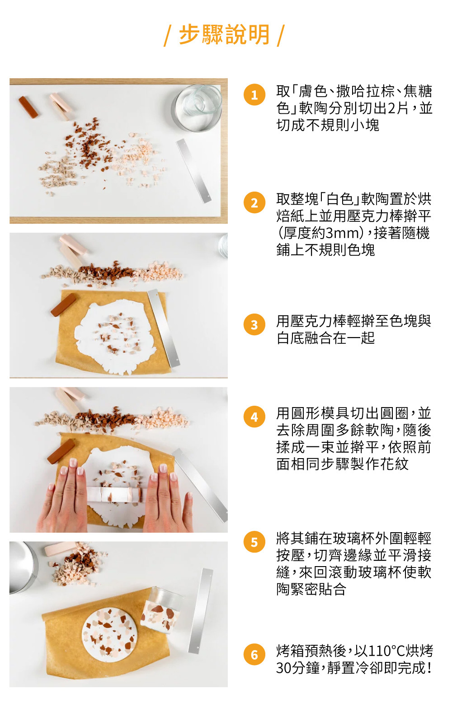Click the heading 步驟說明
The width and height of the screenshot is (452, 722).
pyautogui.click(x=224, y=34)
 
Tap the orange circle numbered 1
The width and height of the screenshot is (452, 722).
pyautogui.click(x=254, y=95)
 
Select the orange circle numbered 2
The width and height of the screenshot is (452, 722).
pyautogui.click(x=254, y=203)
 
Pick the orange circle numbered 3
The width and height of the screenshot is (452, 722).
pyautogui.click(x=254, y=324)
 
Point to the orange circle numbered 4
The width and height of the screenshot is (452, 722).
pyautogui.click(x=254, y=417)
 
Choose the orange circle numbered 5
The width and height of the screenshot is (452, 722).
pyautogui.click(x=254, y=542)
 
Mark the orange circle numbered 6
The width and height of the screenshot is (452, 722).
pyautogui.click(x=254, y=655)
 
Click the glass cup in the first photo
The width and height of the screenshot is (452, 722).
pyautogui.click(x=197, y=107)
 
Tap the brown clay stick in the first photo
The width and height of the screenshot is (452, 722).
pyautogui.click(x=28, y=107)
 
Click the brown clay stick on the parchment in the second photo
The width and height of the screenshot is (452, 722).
pyautogui.click(x=63, y=304)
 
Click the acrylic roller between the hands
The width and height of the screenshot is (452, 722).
pyautogui.click(x=114, y=494)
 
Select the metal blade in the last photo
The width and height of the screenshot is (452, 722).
pyautogui.click(x=201, y=611)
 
